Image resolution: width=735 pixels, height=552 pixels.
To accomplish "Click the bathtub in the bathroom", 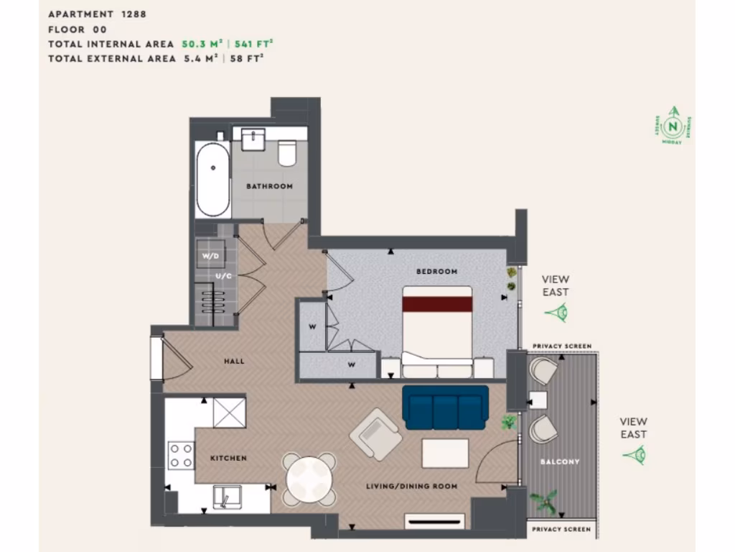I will [213, 180].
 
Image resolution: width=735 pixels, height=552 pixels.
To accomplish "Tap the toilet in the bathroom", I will [287, 153].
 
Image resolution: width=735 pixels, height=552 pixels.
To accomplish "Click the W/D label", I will [210, 256].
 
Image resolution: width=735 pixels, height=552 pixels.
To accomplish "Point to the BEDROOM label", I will [436, 272].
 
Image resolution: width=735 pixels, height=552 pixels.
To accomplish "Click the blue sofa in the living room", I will [446, 408].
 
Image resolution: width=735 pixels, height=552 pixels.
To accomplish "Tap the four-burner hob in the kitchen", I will [180, 455].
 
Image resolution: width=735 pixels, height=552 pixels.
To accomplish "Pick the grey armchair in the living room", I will [375, 434].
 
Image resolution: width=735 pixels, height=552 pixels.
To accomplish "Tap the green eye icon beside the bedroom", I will [556, 313].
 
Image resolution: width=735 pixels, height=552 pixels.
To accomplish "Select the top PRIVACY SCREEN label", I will [562, 346].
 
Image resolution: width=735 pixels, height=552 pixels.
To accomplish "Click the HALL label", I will [234, 361].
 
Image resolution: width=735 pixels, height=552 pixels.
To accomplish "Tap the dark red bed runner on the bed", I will [437, 304].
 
